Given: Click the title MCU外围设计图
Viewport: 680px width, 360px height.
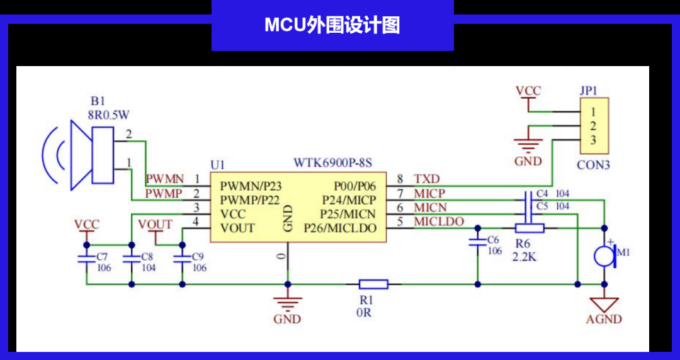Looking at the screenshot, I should click(332, 25).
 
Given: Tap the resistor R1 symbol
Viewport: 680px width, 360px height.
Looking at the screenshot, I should click(373, 284).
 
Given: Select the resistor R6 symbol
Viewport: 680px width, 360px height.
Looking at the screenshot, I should click(530, 228).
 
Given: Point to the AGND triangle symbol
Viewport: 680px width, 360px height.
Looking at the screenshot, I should click(604, 305).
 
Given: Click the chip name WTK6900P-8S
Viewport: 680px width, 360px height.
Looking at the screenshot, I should click(332, 162).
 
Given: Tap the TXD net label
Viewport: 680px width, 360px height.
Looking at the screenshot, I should click(426, 179).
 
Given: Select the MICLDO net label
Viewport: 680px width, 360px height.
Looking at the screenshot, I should click(439, 222).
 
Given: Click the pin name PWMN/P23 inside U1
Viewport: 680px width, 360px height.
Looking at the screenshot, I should click(251, 186).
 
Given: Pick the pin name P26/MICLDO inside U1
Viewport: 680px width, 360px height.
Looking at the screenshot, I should click(344, 227).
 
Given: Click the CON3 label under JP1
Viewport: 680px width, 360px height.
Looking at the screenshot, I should click(593, 166).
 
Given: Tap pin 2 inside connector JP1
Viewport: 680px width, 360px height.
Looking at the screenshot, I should click(593, 126).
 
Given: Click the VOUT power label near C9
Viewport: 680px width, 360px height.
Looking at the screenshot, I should click(155, 225).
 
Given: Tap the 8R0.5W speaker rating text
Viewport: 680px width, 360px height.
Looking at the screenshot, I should click(110, 115).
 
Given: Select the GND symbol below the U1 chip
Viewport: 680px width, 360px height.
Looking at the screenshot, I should click(287, 302).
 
